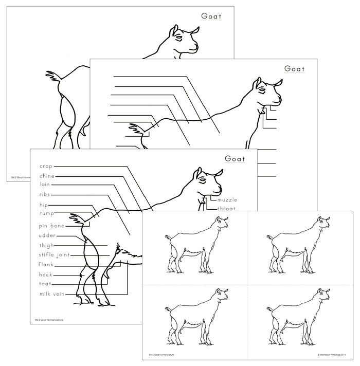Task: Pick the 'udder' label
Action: tap(47, 235)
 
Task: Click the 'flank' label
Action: tap(46, 264)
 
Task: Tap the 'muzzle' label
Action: tap(228, 199)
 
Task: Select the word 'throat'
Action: tap(227, 209)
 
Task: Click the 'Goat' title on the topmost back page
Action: tap(211, 16)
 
